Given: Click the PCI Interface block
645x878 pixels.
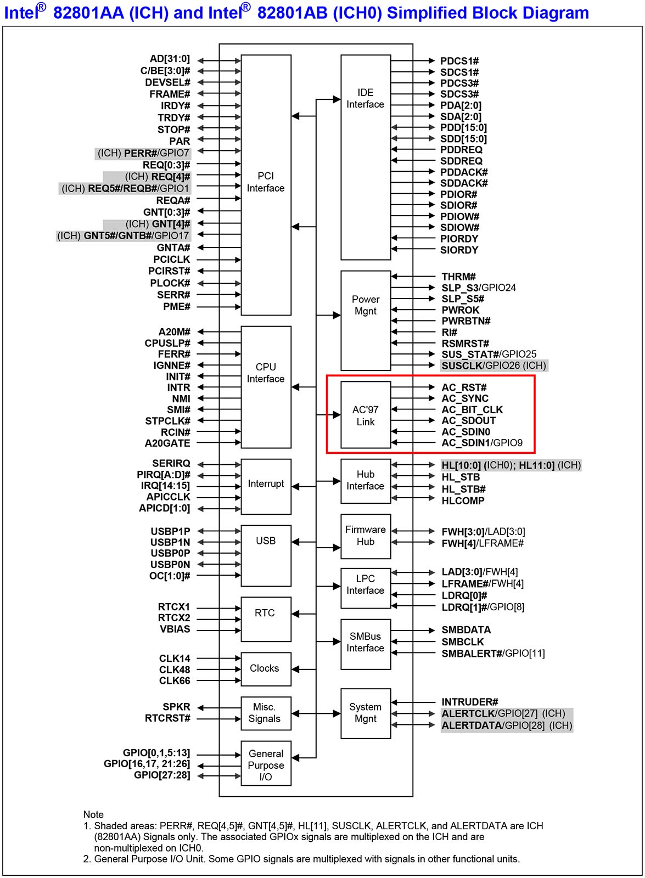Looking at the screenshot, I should pos(266,184).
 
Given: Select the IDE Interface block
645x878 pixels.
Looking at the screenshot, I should pos(365,156).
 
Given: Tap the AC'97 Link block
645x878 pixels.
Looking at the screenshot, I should pos(365,415).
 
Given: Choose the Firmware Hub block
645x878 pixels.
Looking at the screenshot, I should pos(365,536).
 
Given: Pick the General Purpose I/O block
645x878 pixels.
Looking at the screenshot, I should pos(266,765).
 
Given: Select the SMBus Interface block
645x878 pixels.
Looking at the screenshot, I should pos(365,643).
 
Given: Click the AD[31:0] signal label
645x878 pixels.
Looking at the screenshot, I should pos(170,59).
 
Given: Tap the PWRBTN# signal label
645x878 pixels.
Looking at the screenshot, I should pos(466,321).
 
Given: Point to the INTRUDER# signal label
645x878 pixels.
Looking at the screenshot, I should pos(470,702).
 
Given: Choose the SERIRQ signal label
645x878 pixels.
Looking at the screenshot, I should pos(171,464).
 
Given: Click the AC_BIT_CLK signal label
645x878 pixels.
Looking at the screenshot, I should pos(472,410).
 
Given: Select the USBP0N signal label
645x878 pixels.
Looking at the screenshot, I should pos(170,565).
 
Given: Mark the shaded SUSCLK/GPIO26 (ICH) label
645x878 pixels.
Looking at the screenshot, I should pos(494,365).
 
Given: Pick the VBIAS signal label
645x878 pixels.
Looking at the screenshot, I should pos(175,629).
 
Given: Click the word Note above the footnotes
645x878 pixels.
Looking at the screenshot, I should pos(93,814).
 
